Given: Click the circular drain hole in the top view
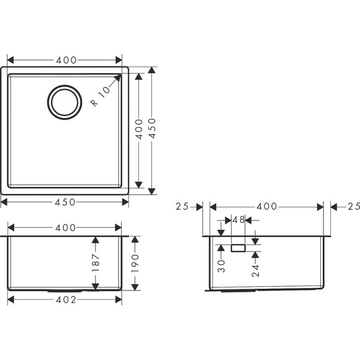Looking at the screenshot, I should pos(65,102).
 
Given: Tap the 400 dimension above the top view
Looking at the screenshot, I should pos(66,60).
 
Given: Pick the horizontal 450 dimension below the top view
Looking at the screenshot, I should pos(66,202).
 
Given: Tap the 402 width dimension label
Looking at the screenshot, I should pos(66,300).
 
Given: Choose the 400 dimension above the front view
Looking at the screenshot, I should pos(66,228).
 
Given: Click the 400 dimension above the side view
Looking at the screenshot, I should pos(267,206).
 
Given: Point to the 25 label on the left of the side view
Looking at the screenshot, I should pos(182,206).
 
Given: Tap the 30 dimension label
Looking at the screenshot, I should pos(222,266).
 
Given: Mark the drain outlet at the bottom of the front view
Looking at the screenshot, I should pos(64,290).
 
